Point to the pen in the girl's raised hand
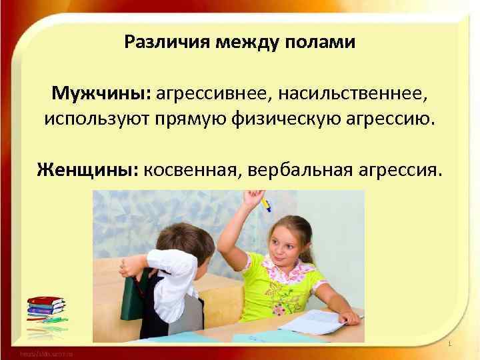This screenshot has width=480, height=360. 266,202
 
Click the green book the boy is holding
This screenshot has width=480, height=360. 134,297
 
